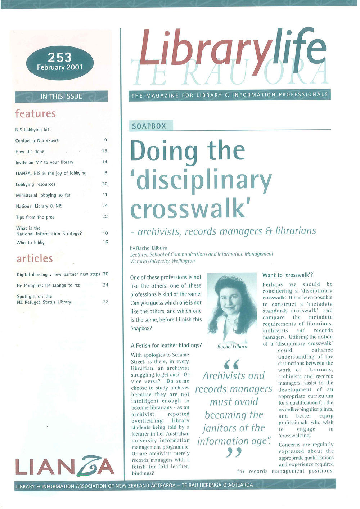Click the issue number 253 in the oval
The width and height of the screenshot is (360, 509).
pos(60,57)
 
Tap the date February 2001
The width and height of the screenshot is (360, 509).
pos(60,67)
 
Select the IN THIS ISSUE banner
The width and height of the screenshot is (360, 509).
pos(61,96)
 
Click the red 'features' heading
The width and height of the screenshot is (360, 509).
pos(36,114)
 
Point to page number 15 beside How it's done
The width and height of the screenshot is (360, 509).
pos(104,151)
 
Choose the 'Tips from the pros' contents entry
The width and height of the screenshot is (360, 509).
pos(35,217)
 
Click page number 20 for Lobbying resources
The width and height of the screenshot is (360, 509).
pos(105,184)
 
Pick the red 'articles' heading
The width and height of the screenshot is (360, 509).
pos(35,258)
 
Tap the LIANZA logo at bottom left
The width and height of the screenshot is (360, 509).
pos(65,467)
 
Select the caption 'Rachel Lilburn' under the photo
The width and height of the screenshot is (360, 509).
pos(232,347)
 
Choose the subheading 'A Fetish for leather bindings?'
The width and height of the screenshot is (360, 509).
pos(166,346)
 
